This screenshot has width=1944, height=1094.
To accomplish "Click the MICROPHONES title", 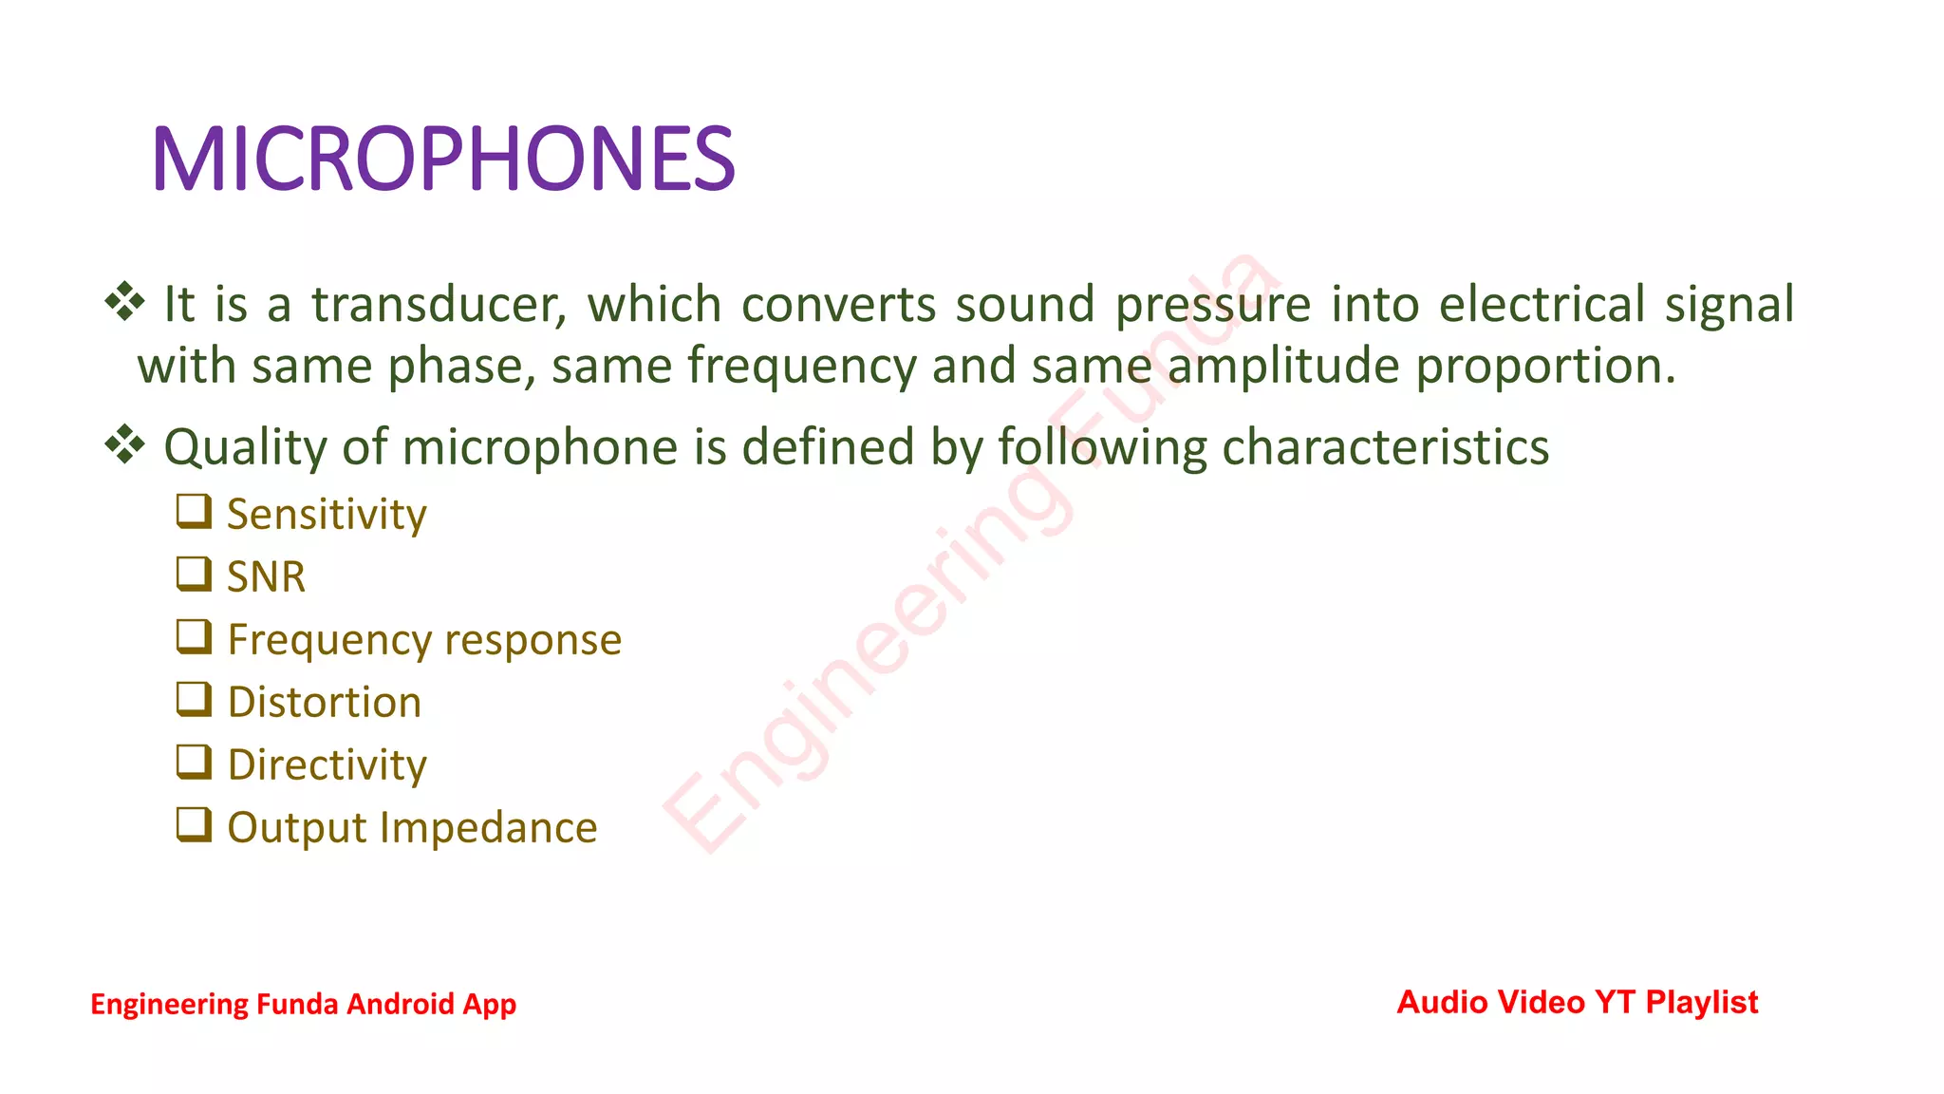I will (443, 160).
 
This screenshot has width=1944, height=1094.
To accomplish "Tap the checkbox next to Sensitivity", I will (194, 511).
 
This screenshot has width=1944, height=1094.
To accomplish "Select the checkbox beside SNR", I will (194, 574).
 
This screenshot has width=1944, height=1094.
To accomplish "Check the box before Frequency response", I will (194, 636).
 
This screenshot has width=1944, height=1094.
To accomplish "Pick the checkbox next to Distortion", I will (194, 699).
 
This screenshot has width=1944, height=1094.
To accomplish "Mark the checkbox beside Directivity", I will (194, 762).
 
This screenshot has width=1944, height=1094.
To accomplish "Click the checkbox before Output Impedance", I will (194, 824).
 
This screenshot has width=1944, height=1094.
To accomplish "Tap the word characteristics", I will (1385, 447).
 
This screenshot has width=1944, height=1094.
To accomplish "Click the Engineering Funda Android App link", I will (303, 1004).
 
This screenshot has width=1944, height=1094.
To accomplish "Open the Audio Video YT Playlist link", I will (1578, 1002).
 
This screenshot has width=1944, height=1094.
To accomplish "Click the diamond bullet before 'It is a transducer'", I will (124, 302).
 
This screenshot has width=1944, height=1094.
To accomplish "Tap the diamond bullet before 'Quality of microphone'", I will (124, 444).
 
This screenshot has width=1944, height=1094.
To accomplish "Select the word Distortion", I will (325, 703).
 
